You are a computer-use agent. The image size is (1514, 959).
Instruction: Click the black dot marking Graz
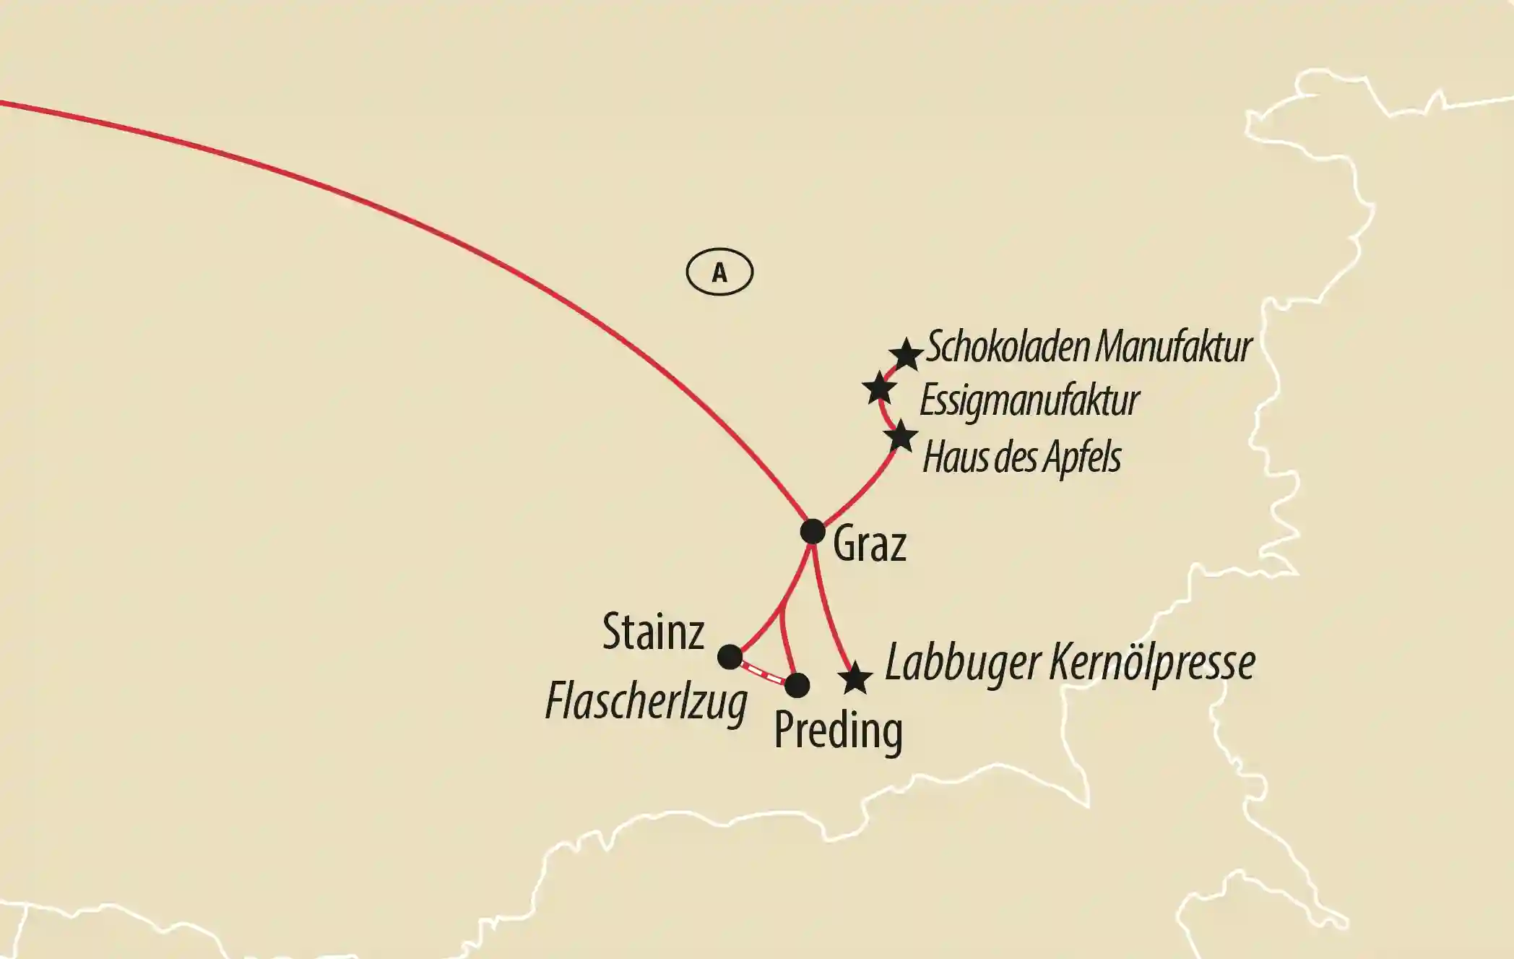click(x=813, y=531)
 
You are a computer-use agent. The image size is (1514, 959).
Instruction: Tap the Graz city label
click(x=869, y=545)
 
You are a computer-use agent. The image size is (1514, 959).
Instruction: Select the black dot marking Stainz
click(x=730, y=656)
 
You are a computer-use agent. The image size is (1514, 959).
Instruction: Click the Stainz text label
click(x=653, y=632)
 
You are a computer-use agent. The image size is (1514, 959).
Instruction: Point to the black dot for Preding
click(x=797, y=684)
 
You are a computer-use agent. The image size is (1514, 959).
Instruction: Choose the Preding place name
click(x=838, y=731)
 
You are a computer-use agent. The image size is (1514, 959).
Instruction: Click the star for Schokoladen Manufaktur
click(x=905, y=354)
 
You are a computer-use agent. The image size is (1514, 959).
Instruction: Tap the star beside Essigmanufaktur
click(x=880, y=388)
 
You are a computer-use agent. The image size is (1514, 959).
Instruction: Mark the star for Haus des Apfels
click(x=901, y=437)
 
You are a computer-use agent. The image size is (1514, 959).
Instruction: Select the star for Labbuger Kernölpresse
click(x=855, y=678)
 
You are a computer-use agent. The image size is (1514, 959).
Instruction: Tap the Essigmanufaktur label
click(x=1029, y=401)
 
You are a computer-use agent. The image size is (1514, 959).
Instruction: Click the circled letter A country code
click(x=719, y=272)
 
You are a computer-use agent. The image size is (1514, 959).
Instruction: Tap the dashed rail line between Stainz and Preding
click(x=763, y=671)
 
